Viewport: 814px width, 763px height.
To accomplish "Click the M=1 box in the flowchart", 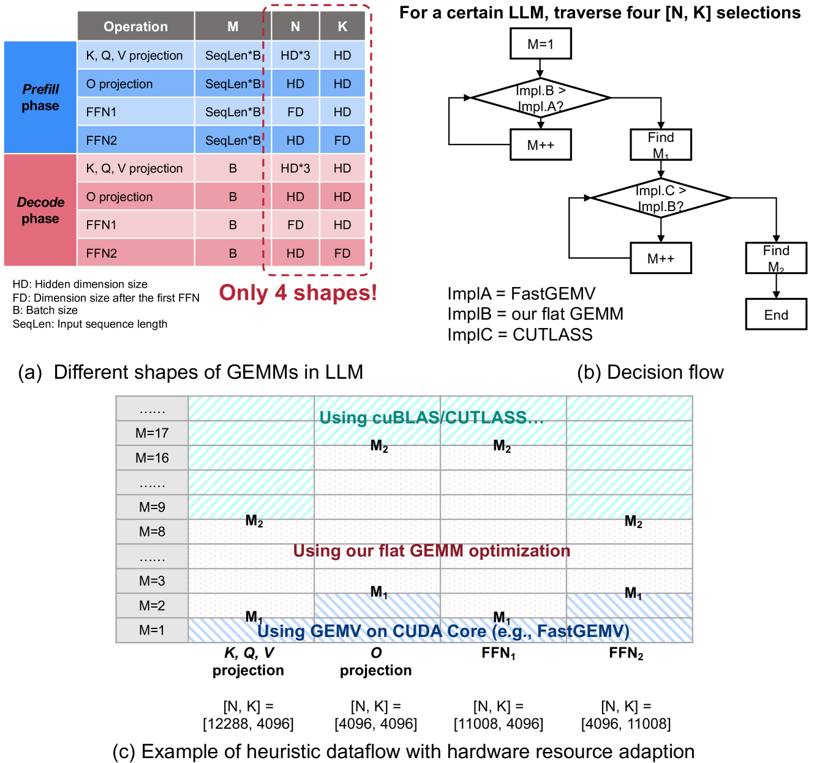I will click(540, 44).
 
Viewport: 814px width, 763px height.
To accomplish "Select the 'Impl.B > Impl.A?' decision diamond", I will click(540, 98).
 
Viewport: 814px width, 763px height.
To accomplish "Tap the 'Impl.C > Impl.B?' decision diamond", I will click(660, 198).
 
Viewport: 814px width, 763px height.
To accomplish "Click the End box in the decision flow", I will click(776, 315).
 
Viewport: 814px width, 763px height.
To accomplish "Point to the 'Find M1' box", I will click(661, 145).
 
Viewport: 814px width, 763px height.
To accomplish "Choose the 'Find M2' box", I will click(776, 258).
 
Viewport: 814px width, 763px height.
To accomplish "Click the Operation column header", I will click(135, 26).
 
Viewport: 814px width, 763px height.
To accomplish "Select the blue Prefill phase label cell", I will click(40, 97).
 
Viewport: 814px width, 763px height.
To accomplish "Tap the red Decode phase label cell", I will click(40, 210).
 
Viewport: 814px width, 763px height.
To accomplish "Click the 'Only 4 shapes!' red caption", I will click(298, 292).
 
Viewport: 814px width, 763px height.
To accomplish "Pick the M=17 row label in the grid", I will click(152, 433).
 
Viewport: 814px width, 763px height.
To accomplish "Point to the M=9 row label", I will click(152, 507).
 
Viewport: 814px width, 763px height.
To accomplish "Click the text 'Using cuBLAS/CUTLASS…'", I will click(431, 418).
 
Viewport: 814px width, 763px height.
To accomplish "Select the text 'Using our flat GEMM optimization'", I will click(431, 551).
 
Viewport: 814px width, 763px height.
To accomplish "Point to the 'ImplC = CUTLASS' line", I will click(520, 335).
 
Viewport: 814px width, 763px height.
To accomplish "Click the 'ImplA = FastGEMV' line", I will click(521, 294).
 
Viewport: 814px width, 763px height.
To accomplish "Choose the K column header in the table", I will click(342, 26).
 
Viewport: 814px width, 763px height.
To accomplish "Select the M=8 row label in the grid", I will click(152, 532).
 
